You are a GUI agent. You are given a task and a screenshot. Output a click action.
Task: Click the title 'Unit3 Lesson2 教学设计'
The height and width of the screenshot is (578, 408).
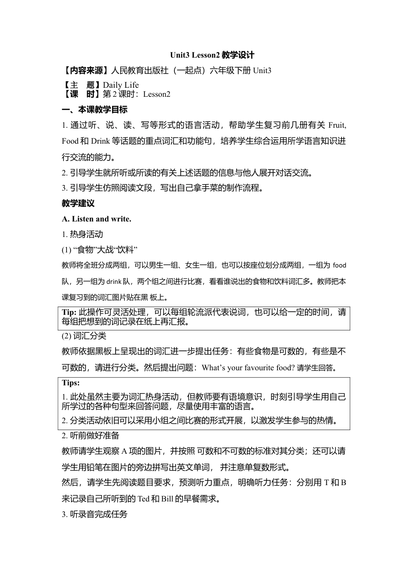(x=212, y=55)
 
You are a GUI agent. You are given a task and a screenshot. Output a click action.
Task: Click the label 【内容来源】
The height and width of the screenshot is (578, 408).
(x=85, y=71)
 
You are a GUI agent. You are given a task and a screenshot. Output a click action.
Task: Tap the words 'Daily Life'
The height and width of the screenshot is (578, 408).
(x=121, y=85)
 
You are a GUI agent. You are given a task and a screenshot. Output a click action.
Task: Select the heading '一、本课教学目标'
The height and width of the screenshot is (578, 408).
(x=94, y=110)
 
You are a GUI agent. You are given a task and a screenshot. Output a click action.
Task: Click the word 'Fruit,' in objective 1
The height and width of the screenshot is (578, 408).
(x=337, y=125)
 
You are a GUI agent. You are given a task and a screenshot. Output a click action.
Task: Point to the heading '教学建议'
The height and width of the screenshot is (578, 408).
(x=78, y=203)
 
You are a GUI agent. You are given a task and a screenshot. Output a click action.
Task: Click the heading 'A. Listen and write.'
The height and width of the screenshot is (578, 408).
(x=97, y=219)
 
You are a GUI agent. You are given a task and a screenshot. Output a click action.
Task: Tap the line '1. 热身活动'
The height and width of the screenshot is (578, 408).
(x=82, y=234)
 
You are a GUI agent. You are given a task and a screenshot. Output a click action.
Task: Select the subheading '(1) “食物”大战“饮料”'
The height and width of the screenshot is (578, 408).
(x=100, y=250)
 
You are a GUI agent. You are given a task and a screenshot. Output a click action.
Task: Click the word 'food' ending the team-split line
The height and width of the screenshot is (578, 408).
(x=339, y=265)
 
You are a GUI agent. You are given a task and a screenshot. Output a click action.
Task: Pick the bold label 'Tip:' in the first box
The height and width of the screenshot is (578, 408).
(x=69, y=312)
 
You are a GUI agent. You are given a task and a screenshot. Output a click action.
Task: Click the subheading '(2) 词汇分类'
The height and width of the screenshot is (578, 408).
(x=84, y=336)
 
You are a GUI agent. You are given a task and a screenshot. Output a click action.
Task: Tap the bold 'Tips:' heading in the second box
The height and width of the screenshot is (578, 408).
(x=71, y=383)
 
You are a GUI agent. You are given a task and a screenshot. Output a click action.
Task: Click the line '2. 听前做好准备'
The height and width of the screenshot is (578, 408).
(x=91, y=436)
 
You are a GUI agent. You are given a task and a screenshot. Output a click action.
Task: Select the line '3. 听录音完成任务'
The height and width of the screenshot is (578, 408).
(x=94, y=514)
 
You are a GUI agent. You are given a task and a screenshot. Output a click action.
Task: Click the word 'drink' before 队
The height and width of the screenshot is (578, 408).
(x=114, y=282)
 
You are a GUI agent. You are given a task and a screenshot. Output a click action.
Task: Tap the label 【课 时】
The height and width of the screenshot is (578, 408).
(x=82, y=94)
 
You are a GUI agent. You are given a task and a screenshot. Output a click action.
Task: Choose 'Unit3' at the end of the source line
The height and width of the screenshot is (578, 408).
(x=262, y=71)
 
